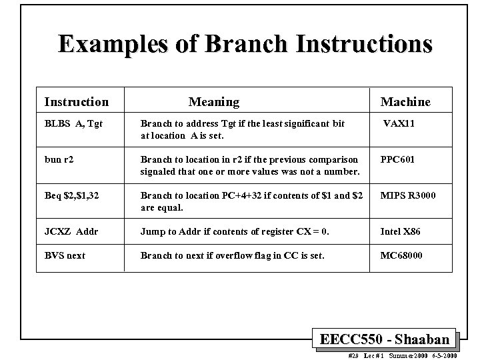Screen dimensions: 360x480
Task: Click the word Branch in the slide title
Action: click(x=244, y=44)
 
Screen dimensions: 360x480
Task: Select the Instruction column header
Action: click(x=76, y=102)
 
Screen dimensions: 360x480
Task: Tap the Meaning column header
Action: click(x=213, y=102)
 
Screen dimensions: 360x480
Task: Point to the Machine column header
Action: click(x=405, y=102)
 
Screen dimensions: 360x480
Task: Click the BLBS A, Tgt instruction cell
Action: click(x=73, y=123)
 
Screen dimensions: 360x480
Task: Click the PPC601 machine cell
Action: click(x=397, y=160)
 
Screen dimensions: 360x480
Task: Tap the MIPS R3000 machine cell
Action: click(x=408, y=196)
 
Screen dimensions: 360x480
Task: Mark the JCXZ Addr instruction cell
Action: click(x=71, y=232)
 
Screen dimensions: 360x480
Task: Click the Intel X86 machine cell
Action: click(x=400, y=232)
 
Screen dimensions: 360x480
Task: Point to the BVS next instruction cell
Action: click(x=65, y=255)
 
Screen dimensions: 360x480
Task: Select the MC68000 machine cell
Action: click(x=401, y=255)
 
